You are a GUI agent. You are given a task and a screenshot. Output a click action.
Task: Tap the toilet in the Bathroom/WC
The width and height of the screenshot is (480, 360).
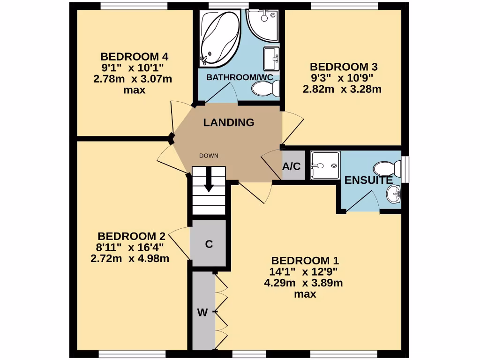click(266, 88)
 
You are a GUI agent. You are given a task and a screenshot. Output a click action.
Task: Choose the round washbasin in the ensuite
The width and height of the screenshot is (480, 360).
click(394, 193)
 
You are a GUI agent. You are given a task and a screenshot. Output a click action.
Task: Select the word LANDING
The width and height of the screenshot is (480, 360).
click(229, 123)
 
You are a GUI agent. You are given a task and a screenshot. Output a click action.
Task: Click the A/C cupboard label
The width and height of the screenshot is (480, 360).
click(291, 166)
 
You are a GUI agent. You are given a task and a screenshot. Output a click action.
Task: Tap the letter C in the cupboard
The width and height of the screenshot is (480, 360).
click(210, 244)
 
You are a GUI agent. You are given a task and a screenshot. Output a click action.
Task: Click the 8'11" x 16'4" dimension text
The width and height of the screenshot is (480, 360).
click(130, 247)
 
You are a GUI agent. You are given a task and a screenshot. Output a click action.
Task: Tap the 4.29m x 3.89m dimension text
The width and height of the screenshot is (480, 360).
click(303, 283)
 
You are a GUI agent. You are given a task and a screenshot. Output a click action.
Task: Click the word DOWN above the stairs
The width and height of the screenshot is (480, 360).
click(209, 156)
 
